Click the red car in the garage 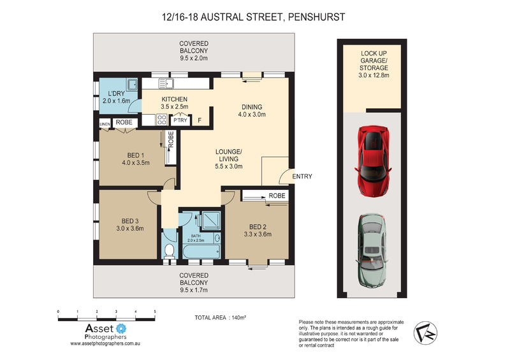click(x=373, y=161)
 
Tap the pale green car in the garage click(x=373, y=250)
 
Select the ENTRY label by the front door click(x=302, y=176)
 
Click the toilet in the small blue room click(x=169, y=251)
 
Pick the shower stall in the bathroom click(x=211, y=220)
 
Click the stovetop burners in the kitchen click(x=162, y=119)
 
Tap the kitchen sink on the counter click(x=166, y=83)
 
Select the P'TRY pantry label click(x=180, y=120)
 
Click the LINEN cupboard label click(x=105, y=124)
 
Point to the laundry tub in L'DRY click(x=132, y=84)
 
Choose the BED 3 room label click(x=130, y=221)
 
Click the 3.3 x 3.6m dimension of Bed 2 click(x=258, y=234)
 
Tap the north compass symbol click(x=425, y=333)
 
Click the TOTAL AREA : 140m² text click(x=220, y=317)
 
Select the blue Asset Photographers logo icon click(x=121, y=328)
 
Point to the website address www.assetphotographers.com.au click(x=105, y=343)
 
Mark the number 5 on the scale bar click(x=155, y=312)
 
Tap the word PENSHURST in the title click(x=316, y=17)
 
